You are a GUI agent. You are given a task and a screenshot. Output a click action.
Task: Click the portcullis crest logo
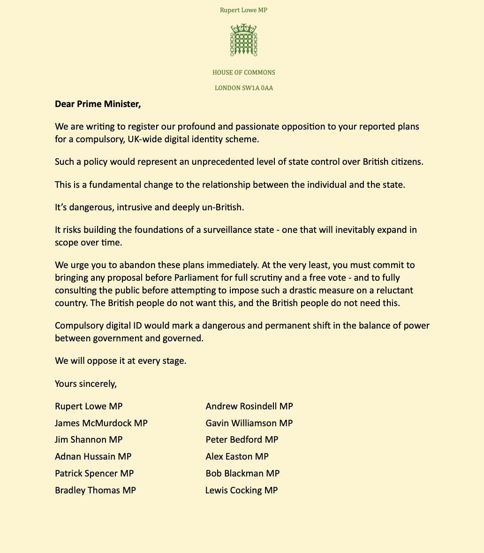click(x=243, y=41)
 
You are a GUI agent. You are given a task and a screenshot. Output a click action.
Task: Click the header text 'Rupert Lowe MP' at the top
click(x=243, y=10)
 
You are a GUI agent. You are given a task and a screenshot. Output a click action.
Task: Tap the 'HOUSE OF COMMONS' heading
click(x=243, y=72)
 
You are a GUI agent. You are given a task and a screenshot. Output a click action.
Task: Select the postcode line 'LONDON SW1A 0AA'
click(x=243, y=88)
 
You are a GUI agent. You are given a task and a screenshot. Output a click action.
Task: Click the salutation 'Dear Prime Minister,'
click(x=98, y=104)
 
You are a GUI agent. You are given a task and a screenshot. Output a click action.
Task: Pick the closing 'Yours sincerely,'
click(x=86, y=384)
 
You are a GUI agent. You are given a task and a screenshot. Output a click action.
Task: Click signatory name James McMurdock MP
click(x=101, y=423)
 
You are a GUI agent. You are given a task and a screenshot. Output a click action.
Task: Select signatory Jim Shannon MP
click(x=89, y=440)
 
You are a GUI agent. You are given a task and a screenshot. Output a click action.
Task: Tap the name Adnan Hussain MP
click(x=93, y=456)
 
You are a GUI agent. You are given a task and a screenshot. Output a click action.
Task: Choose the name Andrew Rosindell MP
click(x=249, y=406)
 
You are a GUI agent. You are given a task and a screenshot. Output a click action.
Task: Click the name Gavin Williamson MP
click(x=249, y=423)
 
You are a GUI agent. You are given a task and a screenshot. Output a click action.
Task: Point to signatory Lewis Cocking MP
click(x=242, y=491)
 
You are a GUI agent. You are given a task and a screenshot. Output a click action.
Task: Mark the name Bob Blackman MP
click(x=242, y=473)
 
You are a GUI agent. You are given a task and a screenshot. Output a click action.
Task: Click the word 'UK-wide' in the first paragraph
click(x=143, y=139)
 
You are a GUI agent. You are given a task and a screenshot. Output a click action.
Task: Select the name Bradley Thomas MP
click(x=95, y=491)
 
